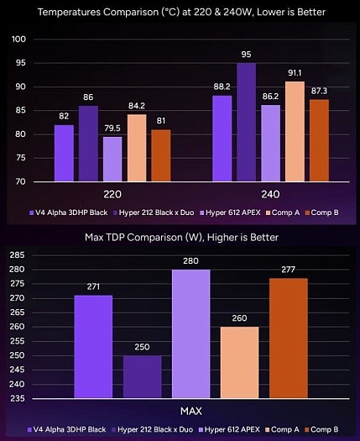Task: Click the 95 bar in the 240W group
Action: (x=246, y=123)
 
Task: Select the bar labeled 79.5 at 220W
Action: (x=112, y=159)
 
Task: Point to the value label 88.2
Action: (x=222, y=87)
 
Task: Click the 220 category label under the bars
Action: (x=112, y=192)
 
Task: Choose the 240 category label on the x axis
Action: (x=271, y=192)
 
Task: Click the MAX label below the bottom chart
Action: (x=190, y=411)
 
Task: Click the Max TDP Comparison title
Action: (x=180, y=238)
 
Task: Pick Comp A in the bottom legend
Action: (x=284, y=429)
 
